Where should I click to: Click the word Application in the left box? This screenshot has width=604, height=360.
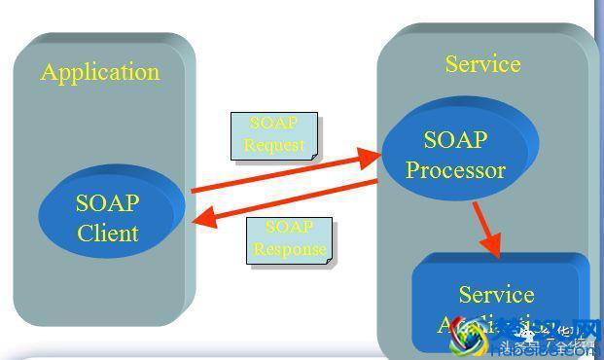pyautogui.click(x=100, y=72)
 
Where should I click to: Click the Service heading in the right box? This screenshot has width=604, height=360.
pyautogui.click(x=482, y=64)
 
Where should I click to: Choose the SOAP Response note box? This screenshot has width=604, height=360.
pyautogui.click(x=288, y=239)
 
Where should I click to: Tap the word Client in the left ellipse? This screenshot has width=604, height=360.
pyautogui.click(x=108, y=234)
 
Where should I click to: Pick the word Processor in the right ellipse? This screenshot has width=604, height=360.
pyautogui.click(x=455, y=171)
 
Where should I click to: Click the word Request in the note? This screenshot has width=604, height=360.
pyautogui.click(x=273, y=146)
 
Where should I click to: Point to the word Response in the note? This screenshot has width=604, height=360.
pyautogui.click(x=288, y=248)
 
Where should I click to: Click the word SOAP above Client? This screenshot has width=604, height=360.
pyautogui.click(x=108, y=203)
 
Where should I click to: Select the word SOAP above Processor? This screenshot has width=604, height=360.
pyautogui.click(x=455, y=140)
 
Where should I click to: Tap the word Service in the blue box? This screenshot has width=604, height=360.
pyautogui.click(x=496, y=294)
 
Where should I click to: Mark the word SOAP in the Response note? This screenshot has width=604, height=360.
pyautogui.click(x=289, y=228)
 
